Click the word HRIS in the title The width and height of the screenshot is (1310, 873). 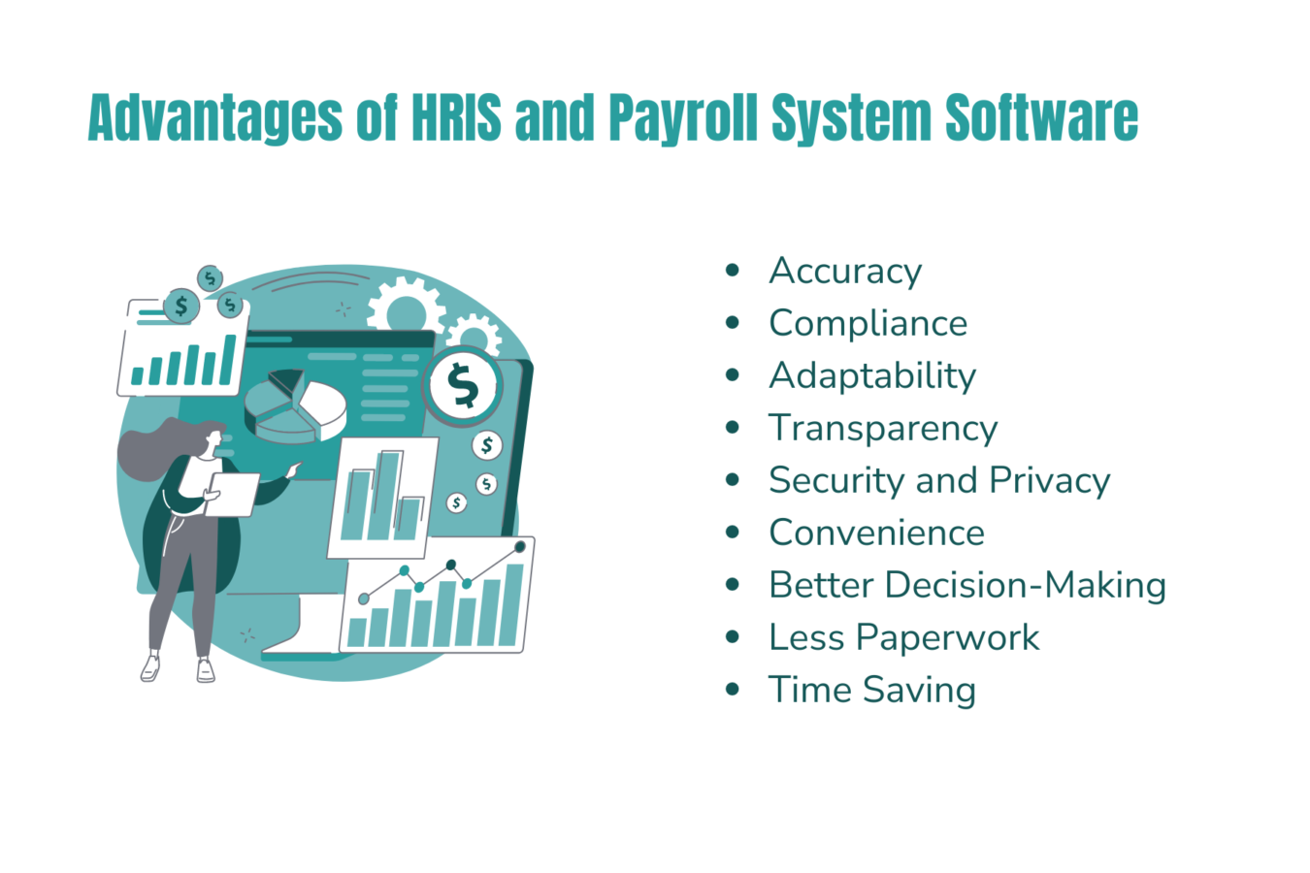[x=456, y=118]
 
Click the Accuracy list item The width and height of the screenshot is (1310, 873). [x=845, y=272]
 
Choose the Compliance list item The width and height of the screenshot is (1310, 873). [x=868, y=324]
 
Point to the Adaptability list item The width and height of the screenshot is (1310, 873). [x=872, y=376]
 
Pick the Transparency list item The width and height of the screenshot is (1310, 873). [x=883, y=429]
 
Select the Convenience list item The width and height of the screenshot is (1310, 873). [x=876, y=533]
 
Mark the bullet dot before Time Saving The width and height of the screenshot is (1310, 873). [x=733, y=690]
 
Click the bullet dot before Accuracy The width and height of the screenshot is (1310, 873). [x=733, y=271]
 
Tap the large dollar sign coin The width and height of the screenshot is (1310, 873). [x=464, y=386]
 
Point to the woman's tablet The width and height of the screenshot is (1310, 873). [x=233, y=495]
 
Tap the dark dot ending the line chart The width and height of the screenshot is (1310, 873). [x=520, y=547]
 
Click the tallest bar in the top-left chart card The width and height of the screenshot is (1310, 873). [x=228, y=359]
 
